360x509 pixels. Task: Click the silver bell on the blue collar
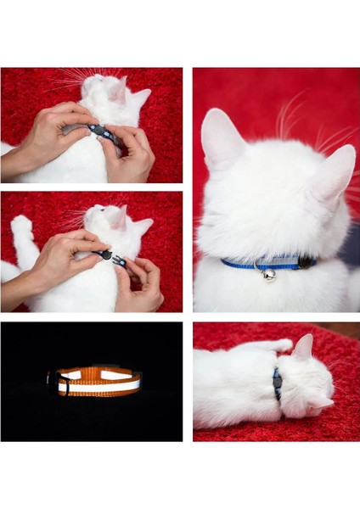click(268, 274)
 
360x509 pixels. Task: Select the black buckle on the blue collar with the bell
click(304, 262)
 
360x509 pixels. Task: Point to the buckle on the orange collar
click(62, 383)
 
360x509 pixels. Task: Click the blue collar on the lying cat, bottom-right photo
click(277, 383)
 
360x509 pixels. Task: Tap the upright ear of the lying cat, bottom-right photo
click(302, 346)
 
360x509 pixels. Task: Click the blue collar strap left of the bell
click(238, 264)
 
